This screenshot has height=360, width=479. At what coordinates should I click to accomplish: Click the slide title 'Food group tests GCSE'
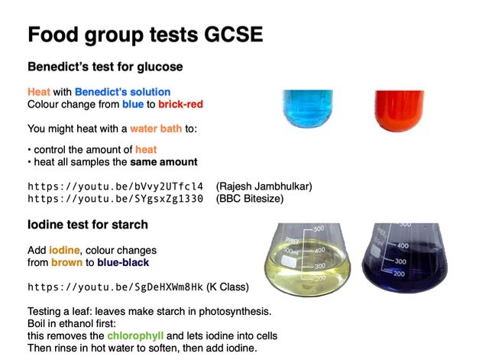point(145,35)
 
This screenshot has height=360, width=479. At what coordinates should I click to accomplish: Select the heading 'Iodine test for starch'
point(88,225)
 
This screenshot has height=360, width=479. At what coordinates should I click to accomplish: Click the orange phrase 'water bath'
point(156,128)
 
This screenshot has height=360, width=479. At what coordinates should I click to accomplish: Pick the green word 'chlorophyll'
point(136,336)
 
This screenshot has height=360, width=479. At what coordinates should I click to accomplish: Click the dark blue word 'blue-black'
point(123,262)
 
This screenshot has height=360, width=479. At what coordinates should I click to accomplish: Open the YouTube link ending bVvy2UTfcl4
point(115,186)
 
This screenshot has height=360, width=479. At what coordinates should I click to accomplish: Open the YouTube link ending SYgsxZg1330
point(115,198)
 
